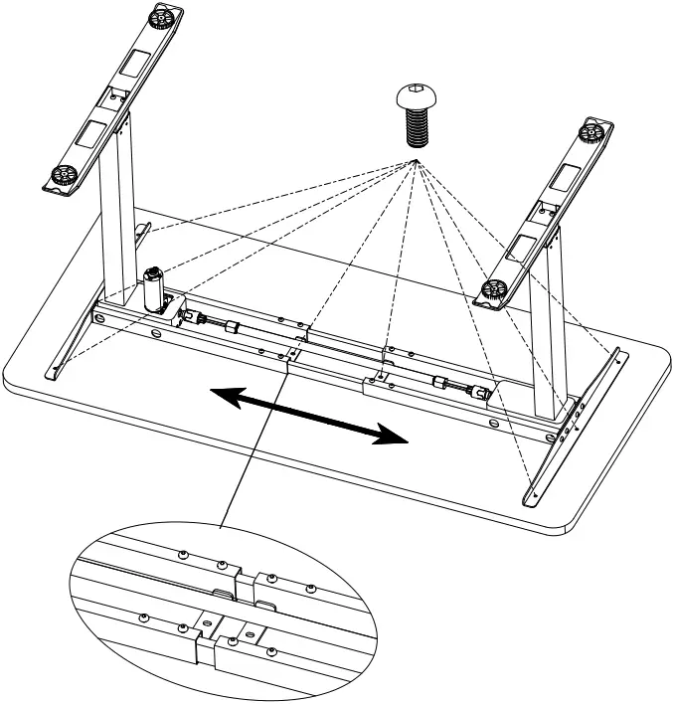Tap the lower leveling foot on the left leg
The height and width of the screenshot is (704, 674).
click(61, 176)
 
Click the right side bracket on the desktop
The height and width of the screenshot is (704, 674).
click(577, 428)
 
